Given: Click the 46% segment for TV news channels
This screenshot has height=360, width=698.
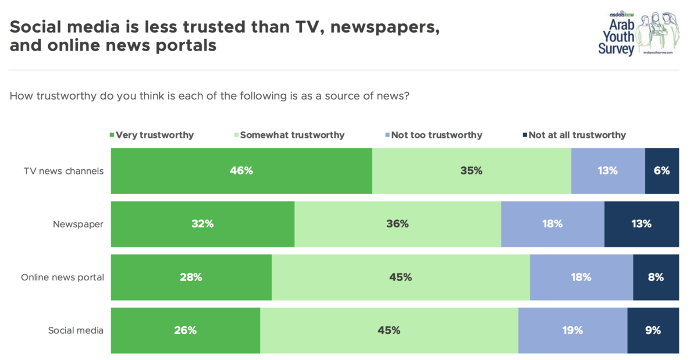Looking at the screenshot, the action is (x=241, y=171).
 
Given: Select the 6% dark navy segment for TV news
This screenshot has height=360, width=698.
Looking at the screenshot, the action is (x=662, y=171).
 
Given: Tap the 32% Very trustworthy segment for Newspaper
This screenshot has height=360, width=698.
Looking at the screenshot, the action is (x=203, y=224).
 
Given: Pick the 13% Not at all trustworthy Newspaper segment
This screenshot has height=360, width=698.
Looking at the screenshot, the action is (x=642, y=224).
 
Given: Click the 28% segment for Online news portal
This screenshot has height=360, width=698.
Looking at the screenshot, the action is (x=191, y=277).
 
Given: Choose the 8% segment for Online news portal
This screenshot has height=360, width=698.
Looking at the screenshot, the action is (x=656, y=277).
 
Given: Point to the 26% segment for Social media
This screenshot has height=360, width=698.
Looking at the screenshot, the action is (x=186, y=330).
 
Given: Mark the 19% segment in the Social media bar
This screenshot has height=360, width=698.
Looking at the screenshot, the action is (x=573, y=330).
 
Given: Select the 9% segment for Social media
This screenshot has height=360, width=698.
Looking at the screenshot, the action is (x=653, y=330).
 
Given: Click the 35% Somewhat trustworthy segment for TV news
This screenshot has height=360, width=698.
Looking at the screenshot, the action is (x=472, y=171).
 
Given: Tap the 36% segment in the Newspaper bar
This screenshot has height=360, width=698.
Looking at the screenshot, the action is (x=398, y=224).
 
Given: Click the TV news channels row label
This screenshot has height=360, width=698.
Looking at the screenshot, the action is (x=63, y=171).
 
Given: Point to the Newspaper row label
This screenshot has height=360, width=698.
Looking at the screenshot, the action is (x=78, y=224).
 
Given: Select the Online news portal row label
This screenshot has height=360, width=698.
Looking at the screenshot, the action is (x=62, y=277).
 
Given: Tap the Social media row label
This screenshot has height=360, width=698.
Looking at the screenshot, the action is (x=76, y=330).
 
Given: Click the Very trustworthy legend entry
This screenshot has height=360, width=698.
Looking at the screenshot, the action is (x=152, y=135).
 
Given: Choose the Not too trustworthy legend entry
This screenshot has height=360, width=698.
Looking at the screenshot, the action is (x=434, y=135).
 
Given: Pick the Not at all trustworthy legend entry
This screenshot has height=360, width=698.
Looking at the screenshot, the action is (x=574, y=135).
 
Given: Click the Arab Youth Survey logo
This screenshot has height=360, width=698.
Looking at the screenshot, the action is (x=639, y=34).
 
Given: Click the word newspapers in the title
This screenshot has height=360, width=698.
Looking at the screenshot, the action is (x=385, y=27).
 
